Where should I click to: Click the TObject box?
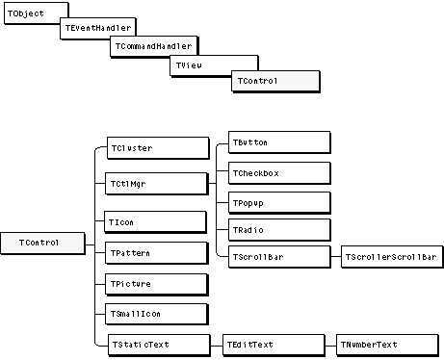click(37, 13)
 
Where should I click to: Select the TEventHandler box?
click(98, 28)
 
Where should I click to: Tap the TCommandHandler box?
click(154, 46)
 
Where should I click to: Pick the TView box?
click(214, 65)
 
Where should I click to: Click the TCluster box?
click(158, 148)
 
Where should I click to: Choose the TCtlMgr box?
click(157, 184)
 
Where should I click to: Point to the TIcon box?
click(155, 222)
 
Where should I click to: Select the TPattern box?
click(157, 253)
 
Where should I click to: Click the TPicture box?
click(157, 284)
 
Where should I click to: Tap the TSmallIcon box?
click(157, 314)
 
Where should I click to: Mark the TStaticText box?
click(159, 346)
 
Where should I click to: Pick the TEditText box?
click(274, 346)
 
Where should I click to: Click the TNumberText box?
click(387, 346)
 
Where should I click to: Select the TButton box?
click(279, 142)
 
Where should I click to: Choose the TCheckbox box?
click(279, 173)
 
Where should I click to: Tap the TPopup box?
click(279, 203)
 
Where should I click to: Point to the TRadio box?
click(279, 230)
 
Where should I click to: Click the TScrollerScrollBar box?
click(392, 257)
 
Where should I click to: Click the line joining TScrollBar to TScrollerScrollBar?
click(336, 257)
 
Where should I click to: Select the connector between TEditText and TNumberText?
click(330, 346)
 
